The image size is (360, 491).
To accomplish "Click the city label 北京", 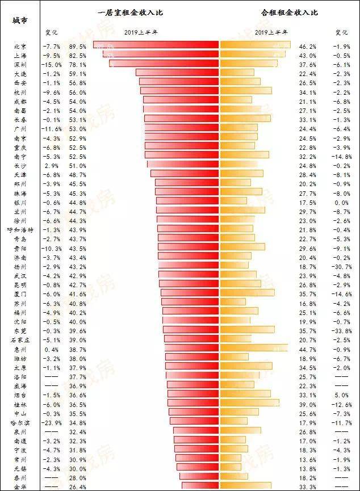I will point(19,46).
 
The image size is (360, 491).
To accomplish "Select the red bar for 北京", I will point(156,45).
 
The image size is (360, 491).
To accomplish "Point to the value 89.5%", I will point(78,46).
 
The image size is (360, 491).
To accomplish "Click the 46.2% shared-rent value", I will point(307,46).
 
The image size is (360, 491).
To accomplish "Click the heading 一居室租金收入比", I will point(130,12).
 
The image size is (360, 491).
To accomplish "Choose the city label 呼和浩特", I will point(20,230).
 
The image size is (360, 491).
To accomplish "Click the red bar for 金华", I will point(200,486).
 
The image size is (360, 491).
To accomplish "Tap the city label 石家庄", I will point(20,339).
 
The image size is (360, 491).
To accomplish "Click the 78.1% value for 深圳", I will point(78,64).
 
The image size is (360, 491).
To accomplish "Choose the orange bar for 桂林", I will point(249,403).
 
